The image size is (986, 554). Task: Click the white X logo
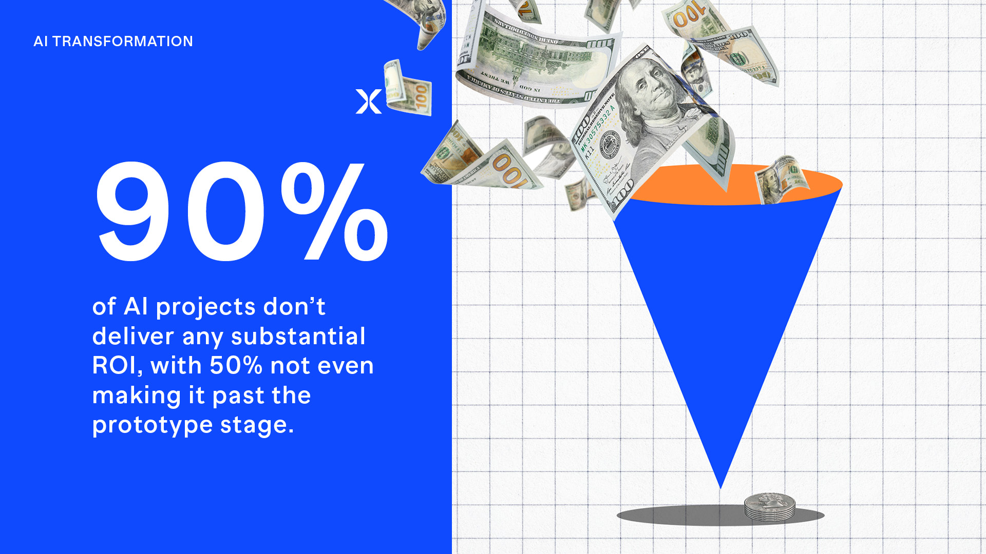[369, 102]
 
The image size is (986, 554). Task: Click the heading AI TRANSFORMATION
[113, 41]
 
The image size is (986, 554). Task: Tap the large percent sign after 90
[334, 211]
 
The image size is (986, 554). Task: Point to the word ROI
[117, 366]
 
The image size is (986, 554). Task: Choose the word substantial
[298, 337]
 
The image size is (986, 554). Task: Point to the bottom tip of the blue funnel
[720, 488]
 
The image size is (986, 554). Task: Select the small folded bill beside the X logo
[408, 88]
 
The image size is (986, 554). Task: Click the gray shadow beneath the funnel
[720, 515]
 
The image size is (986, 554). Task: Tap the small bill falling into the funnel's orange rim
[782, 179]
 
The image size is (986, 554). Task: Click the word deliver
[134, 337]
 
